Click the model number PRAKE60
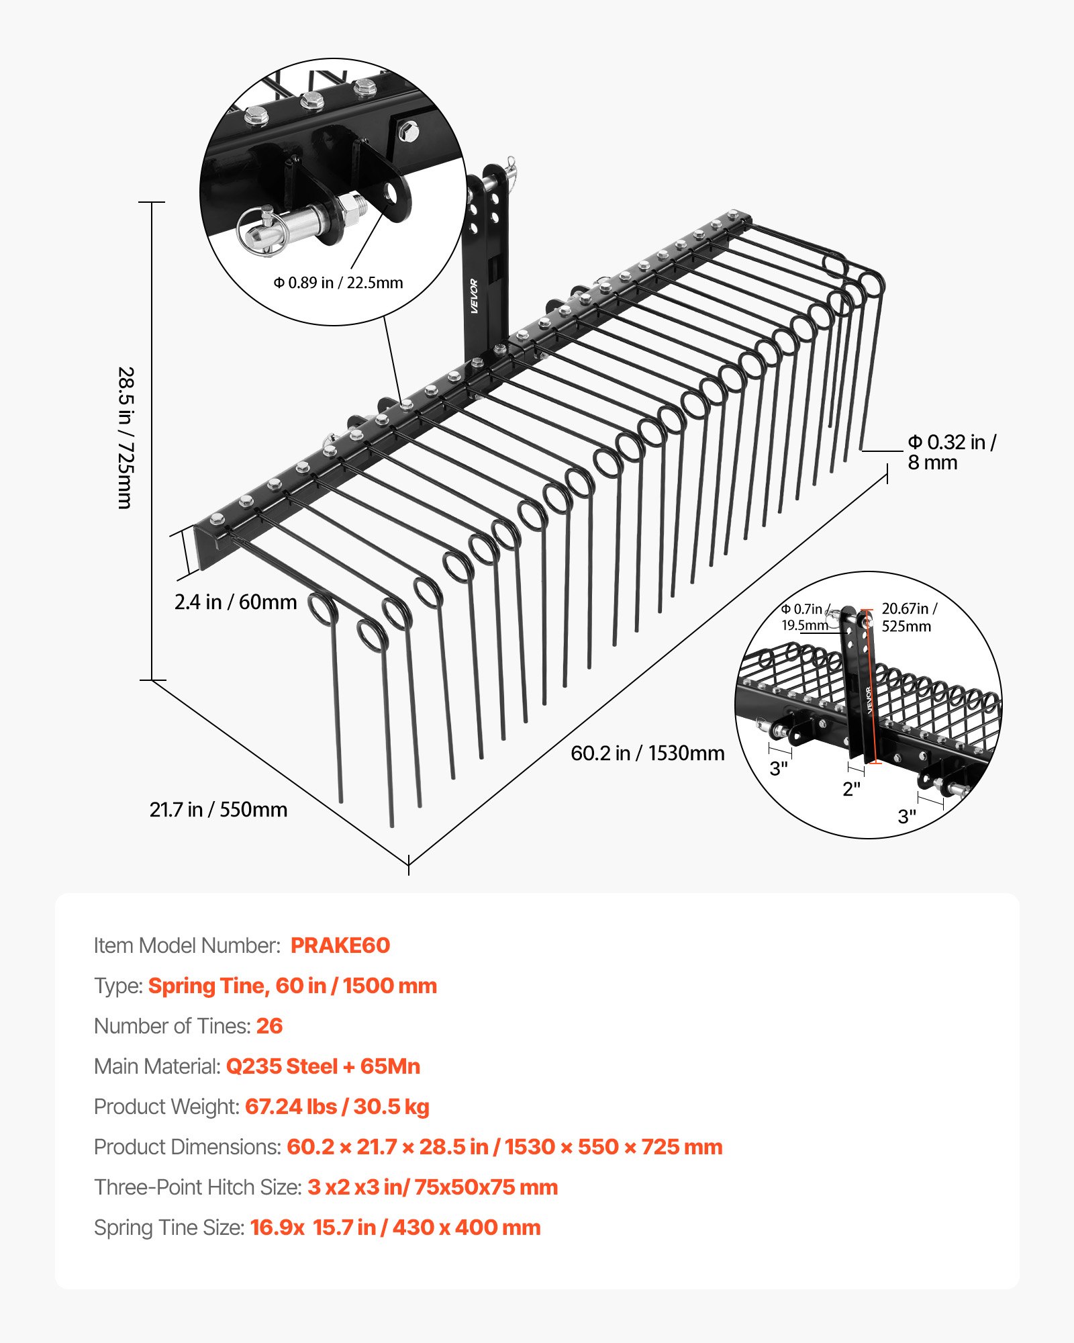(x=340, y=945)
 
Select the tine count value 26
(x=269, y=1026)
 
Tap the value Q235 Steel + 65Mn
(x=323, y=1066)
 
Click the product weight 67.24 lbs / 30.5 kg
(x=337, y=1107)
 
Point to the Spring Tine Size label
(x=168, y=1228)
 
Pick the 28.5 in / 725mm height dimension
(x=126, y=437)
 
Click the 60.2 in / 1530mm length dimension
(x=647, y=753)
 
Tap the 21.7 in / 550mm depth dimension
(x=218, y=810)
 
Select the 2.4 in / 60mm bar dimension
(x=235, y=602)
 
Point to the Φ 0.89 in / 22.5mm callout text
(x=338, y=283)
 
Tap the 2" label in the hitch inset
(x=851, y=789)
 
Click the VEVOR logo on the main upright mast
(x=474, y=295)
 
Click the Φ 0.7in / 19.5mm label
(x=805, y=617)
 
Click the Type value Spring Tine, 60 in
(x=292, y=986)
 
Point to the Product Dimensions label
(x=187, y=1147)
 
